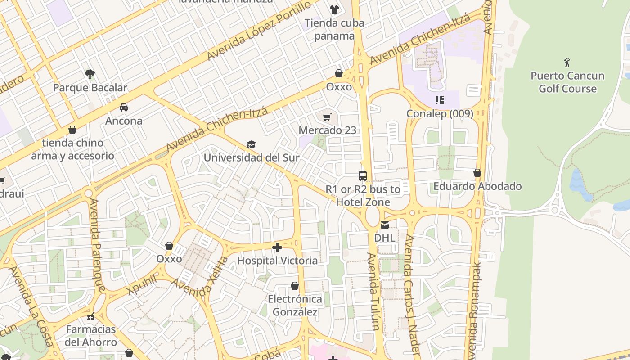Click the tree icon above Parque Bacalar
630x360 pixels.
tap(90, 74)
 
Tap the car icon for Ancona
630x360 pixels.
tap(124, 108)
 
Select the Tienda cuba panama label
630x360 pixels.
tap(334, 29)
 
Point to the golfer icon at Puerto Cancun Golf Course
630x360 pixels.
tap(567, 62)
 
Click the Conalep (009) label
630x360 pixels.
tap(440, 114)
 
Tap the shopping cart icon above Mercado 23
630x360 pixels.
tap(327, 117)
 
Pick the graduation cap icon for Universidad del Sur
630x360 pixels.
tap(251, 144)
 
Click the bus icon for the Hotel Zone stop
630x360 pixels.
tap(363, 176)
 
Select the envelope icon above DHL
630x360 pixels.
tap(385, 225)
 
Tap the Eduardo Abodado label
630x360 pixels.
tap(477, 186)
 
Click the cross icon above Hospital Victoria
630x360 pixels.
tap(277, 247)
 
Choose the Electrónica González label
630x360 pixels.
tap(295, 306)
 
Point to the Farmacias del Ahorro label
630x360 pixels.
tap(91, 336)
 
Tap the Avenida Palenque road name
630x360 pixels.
tap(97, 245)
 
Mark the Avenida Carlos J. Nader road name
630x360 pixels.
tap(412, 297)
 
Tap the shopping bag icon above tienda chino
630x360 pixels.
tap(72, 130)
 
